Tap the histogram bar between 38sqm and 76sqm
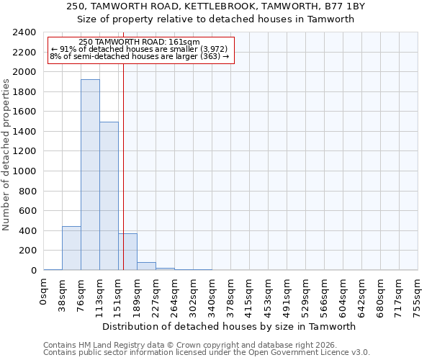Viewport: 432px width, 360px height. tap(71, 248)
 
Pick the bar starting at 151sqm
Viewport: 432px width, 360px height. tap(127, 252)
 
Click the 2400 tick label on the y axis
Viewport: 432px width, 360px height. tap(24, 33)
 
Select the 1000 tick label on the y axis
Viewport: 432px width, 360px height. tap(24, 171)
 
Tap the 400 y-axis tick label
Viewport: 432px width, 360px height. tap(27, 231)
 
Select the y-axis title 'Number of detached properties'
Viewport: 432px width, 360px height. tap(6, 152)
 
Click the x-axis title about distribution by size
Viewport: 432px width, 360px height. tap(230, 326)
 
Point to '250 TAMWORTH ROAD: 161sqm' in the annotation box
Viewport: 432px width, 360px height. tap(139, 42)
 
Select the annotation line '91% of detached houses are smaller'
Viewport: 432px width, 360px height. tap(139, 49)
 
